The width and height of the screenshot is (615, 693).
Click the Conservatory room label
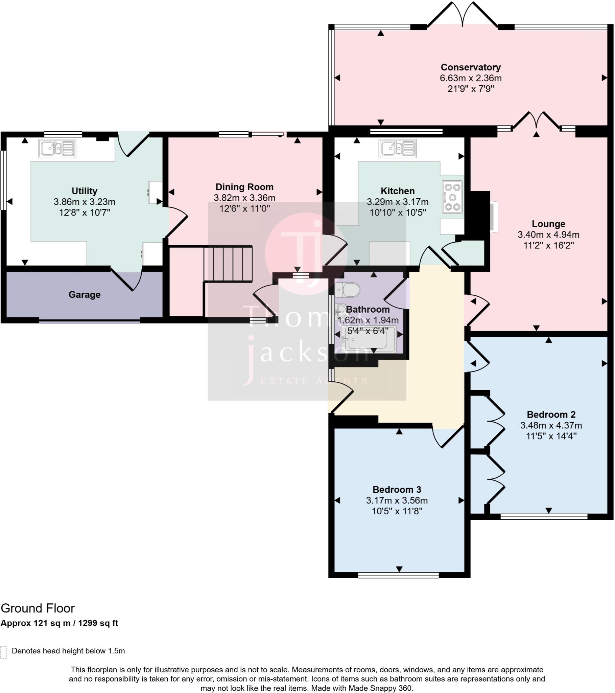click(470, 67)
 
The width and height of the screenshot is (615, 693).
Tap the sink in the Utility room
click(57, 149)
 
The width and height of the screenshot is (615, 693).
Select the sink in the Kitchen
click(398, 149)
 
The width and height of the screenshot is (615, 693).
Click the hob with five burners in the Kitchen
click(452, 197)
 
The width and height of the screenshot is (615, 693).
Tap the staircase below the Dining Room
click(228, 264)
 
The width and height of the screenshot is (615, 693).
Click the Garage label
click(85, 295)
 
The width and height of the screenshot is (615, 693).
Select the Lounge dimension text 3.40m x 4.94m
click(548, 234)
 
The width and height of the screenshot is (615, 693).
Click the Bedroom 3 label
click(397, 490)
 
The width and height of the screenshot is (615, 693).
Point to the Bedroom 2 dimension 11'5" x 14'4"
click(551, 436)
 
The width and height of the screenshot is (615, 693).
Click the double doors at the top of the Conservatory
click(463, 15)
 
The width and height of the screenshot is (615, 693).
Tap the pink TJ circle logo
click(306, 253)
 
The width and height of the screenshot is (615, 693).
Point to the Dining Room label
click(244, 187)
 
